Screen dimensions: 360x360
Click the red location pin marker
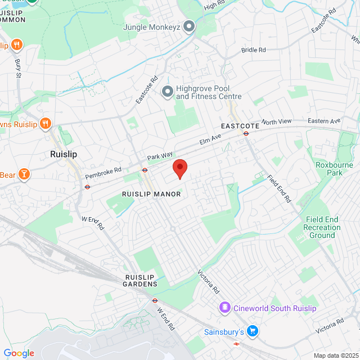[x=179, y=168]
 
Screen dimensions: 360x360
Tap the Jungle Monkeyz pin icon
[x=190, y=26]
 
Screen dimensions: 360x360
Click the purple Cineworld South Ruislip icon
[x=224, y=308]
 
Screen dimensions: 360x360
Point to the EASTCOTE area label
[x=240, y=126]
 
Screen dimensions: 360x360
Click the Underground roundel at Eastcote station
[x=246, y=133]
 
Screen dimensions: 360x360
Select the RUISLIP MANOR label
[x=151, y=194]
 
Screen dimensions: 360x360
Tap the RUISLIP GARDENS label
[x=140, y=281]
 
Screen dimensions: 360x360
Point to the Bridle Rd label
[x=253, y=50]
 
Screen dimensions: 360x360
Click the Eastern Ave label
[x=325, y=121]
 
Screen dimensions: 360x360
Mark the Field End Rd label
[x=279, y=188]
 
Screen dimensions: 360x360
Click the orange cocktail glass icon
[x=24, y=174]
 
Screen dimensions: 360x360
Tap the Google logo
[x=19, y=353]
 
